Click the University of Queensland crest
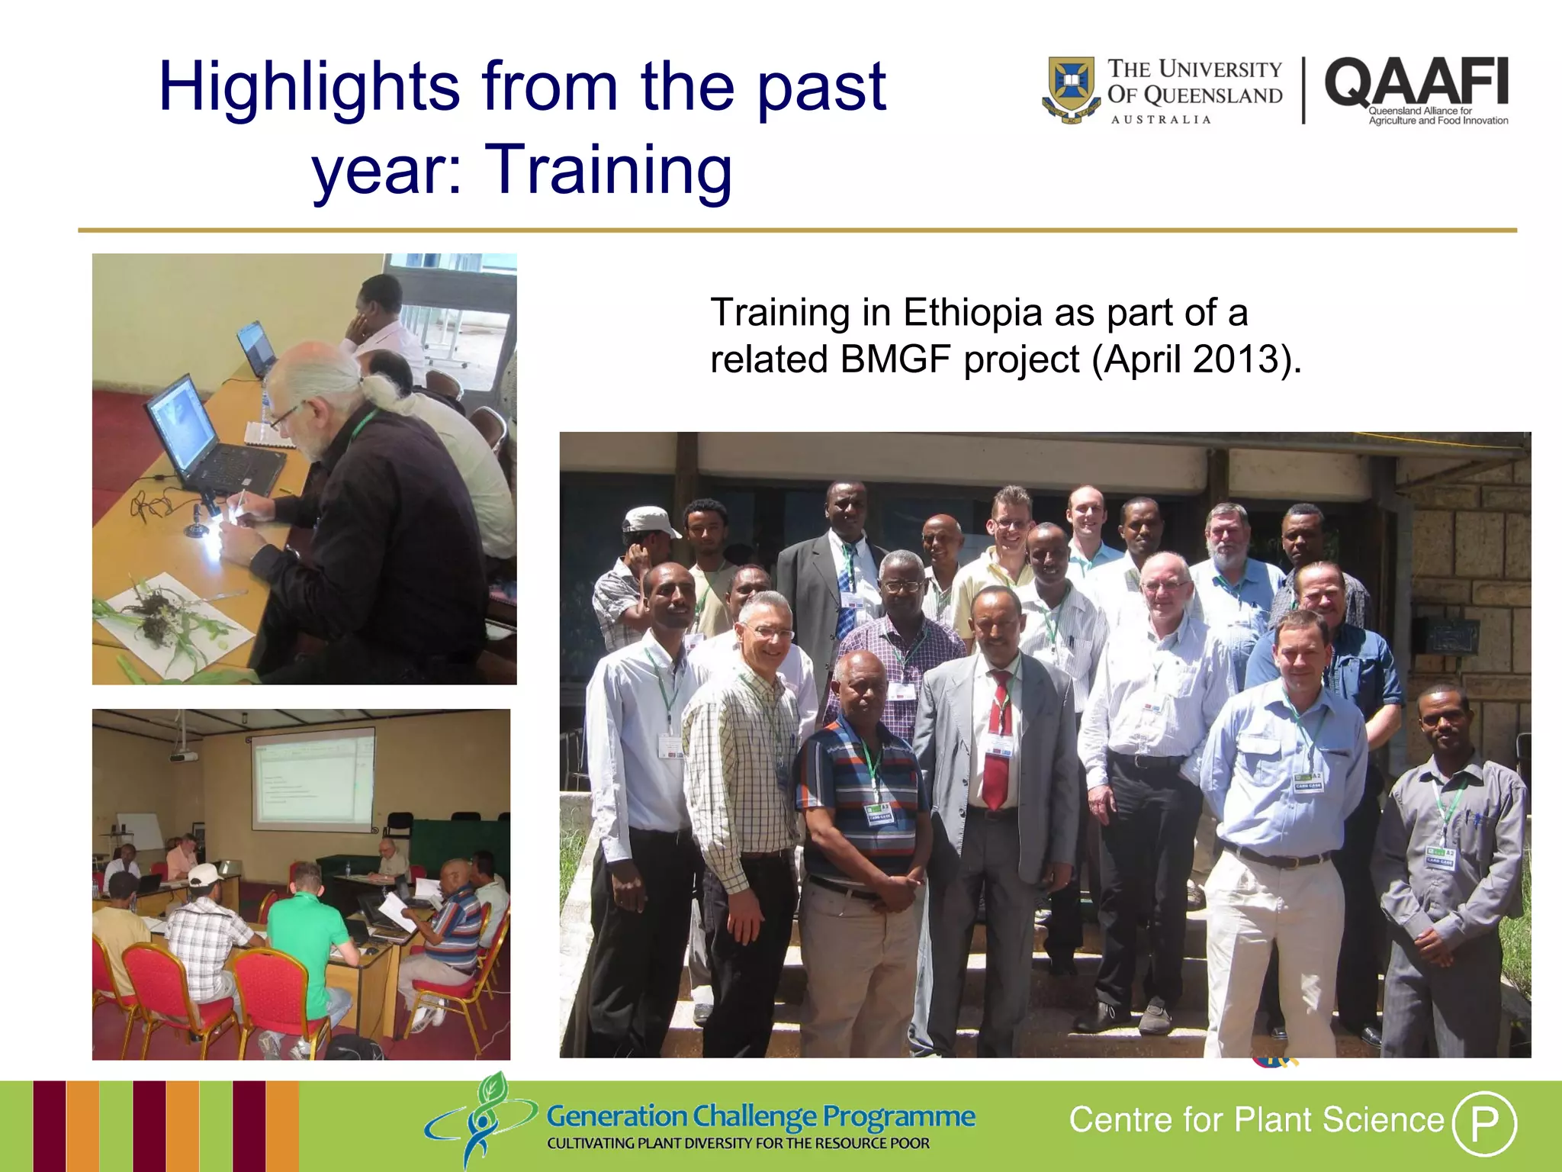(x=1072, y=89)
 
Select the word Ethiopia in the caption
(x=972, y=313)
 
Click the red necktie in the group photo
(x=998, y=740)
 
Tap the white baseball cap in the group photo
(x=648, y=522)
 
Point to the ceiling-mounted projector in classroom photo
(x=183, y=756)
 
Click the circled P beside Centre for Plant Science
(x=1483, y=1122)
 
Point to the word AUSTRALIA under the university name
(x=1161, y=120)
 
